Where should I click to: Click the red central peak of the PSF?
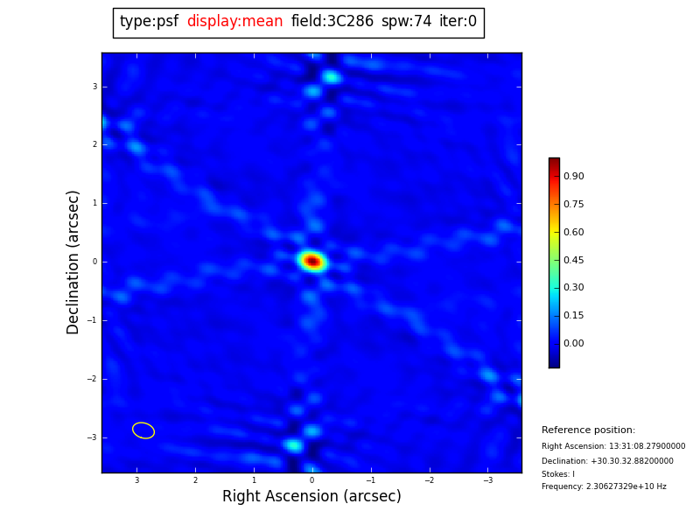(311, 261)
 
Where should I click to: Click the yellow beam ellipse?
(143, 430)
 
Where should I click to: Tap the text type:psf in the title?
(149, 22)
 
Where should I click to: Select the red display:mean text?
(234, 22)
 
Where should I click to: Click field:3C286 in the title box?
(332, 22)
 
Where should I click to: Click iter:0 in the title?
(458, 22)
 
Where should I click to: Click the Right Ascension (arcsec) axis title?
(311, 496)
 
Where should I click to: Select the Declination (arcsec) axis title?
(73, 262)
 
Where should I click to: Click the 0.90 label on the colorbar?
(574, 176)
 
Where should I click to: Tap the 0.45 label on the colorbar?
(574, 260)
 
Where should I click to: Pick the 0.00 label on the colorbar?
(574, 343)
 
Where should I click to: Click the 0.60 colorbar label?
(574, 232)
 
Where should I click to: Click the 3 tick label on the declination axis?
(94, 87)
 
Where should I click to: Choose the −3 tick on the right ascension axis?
(487, 480)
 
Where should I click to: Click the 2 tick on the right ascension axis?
(195, 480)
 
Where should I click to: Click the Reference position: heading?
(588, 430)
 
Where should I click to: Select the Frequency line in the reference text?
(604, 486)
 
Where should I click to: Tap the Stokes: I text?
(558, 474)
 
